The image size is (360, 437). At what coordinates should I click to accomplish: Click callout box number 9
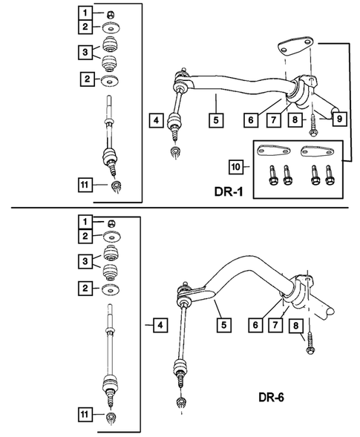pos(337,118)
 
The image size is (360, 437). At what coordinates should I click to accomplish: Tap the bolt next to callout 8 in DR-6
pos(308,343)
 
